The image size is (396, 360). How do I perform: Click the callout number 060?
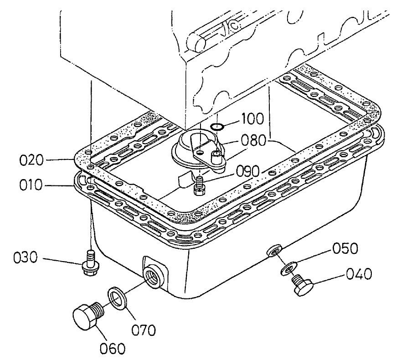click(x=113, y=349)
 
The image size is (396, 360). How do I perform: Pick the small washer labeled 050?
click(x=287, y=268)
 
